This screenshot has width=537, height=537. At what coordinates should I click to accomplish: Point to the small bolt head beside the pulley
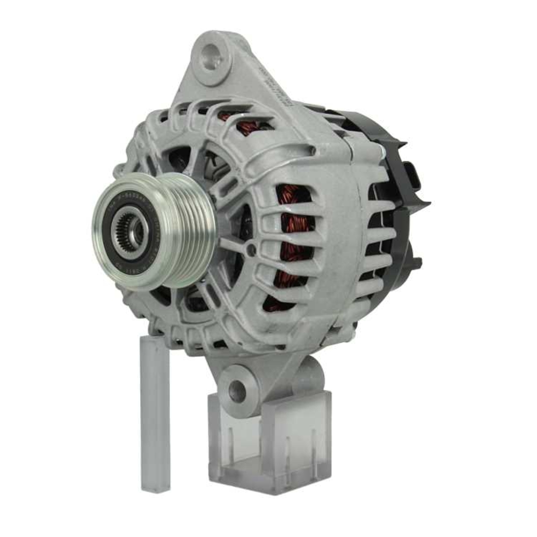(250, 249)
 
